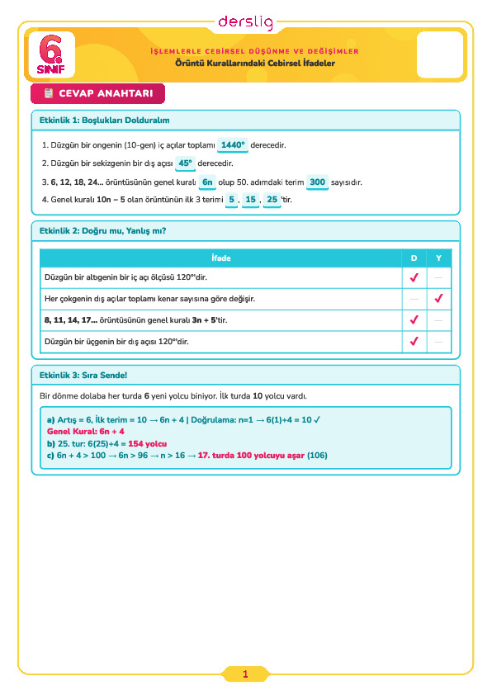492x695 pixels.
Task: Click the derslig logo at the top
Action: pyautogui.click(x=245, y=22)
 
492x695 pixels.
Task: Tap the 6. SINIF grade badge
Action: pyautogui.click(x=51, y=54)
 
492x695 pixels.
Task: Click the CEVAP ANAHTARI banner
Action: pyautogui.click(x=97, y=93)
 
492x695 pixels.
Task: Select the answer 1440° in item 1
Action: pyautogui.click(x=233, y=145)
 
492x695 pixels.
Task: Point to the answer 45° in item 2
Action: pyautogui.click(x=185, y=163)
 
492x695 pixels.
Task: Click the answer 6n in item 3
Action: pyautogui.click(x=207, y=182)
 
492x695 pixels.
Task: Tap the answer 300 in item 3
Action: pyautogui.click(x=317, y=182)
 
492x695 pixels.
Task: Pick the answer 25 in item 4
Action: pyautogui.click(x=272, y=200)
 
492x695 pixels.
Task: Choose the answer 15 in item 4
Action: pyautogui.click(x=250, y=200)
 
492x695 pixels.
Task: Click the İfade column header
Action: pyautogui.click(x=220, y=258)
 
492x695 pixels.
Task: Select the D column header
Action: pyautogui.click(x=414, y=258)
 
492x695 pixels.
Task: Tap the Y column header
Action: pyautogui.click(x=438, y=258)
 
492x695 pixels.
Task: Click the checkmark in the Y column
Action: pyautogui.click(x=439, y=298)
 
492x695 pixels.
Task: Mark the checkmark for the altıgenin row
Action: pyautogui.click(x=414, y=277)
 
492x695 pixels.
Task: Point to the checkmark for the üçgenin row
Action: pyautogui.click(x=414, y=341)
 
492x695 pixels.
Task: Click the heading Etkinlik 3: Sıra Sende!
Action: pyautogui.click(x=83, y=376)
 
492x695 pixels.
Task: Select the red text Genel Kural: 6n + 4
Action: pyautogui.click(x=86, y=431)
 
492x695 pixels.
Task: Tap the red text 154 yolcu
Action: pyautogui.click(x=148, y=444)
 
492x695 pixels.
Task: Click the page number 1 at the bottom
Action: pyautogui.click(x=245, y=674)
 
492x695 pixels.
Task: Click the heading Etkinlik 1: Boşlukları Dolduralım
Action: pyautogui.click(x=105, y=121)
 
